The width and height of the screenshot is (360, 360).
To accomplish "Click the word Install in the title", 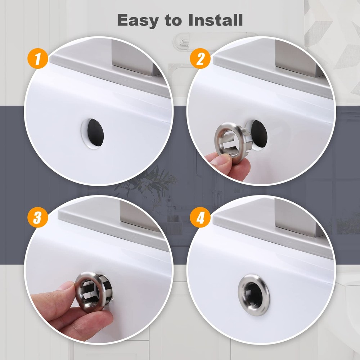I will pos(215,20).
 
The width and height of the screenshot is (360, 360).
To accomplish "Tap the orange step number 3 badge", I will pos(37,218).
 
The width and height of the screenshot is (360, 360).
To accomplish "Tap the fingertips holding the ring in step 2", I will pos(221,161).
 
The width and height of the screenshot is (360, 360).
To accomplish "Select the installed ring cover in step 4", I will pos(253,294).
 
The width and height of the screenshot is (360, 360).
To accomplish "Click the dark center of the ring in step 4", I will pos(254,294).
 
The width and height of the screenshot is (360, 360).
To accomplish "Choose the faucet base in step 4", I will pos(293,216).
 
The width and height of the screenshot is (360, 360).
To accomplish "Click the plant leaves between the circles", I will pos(158,180).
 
